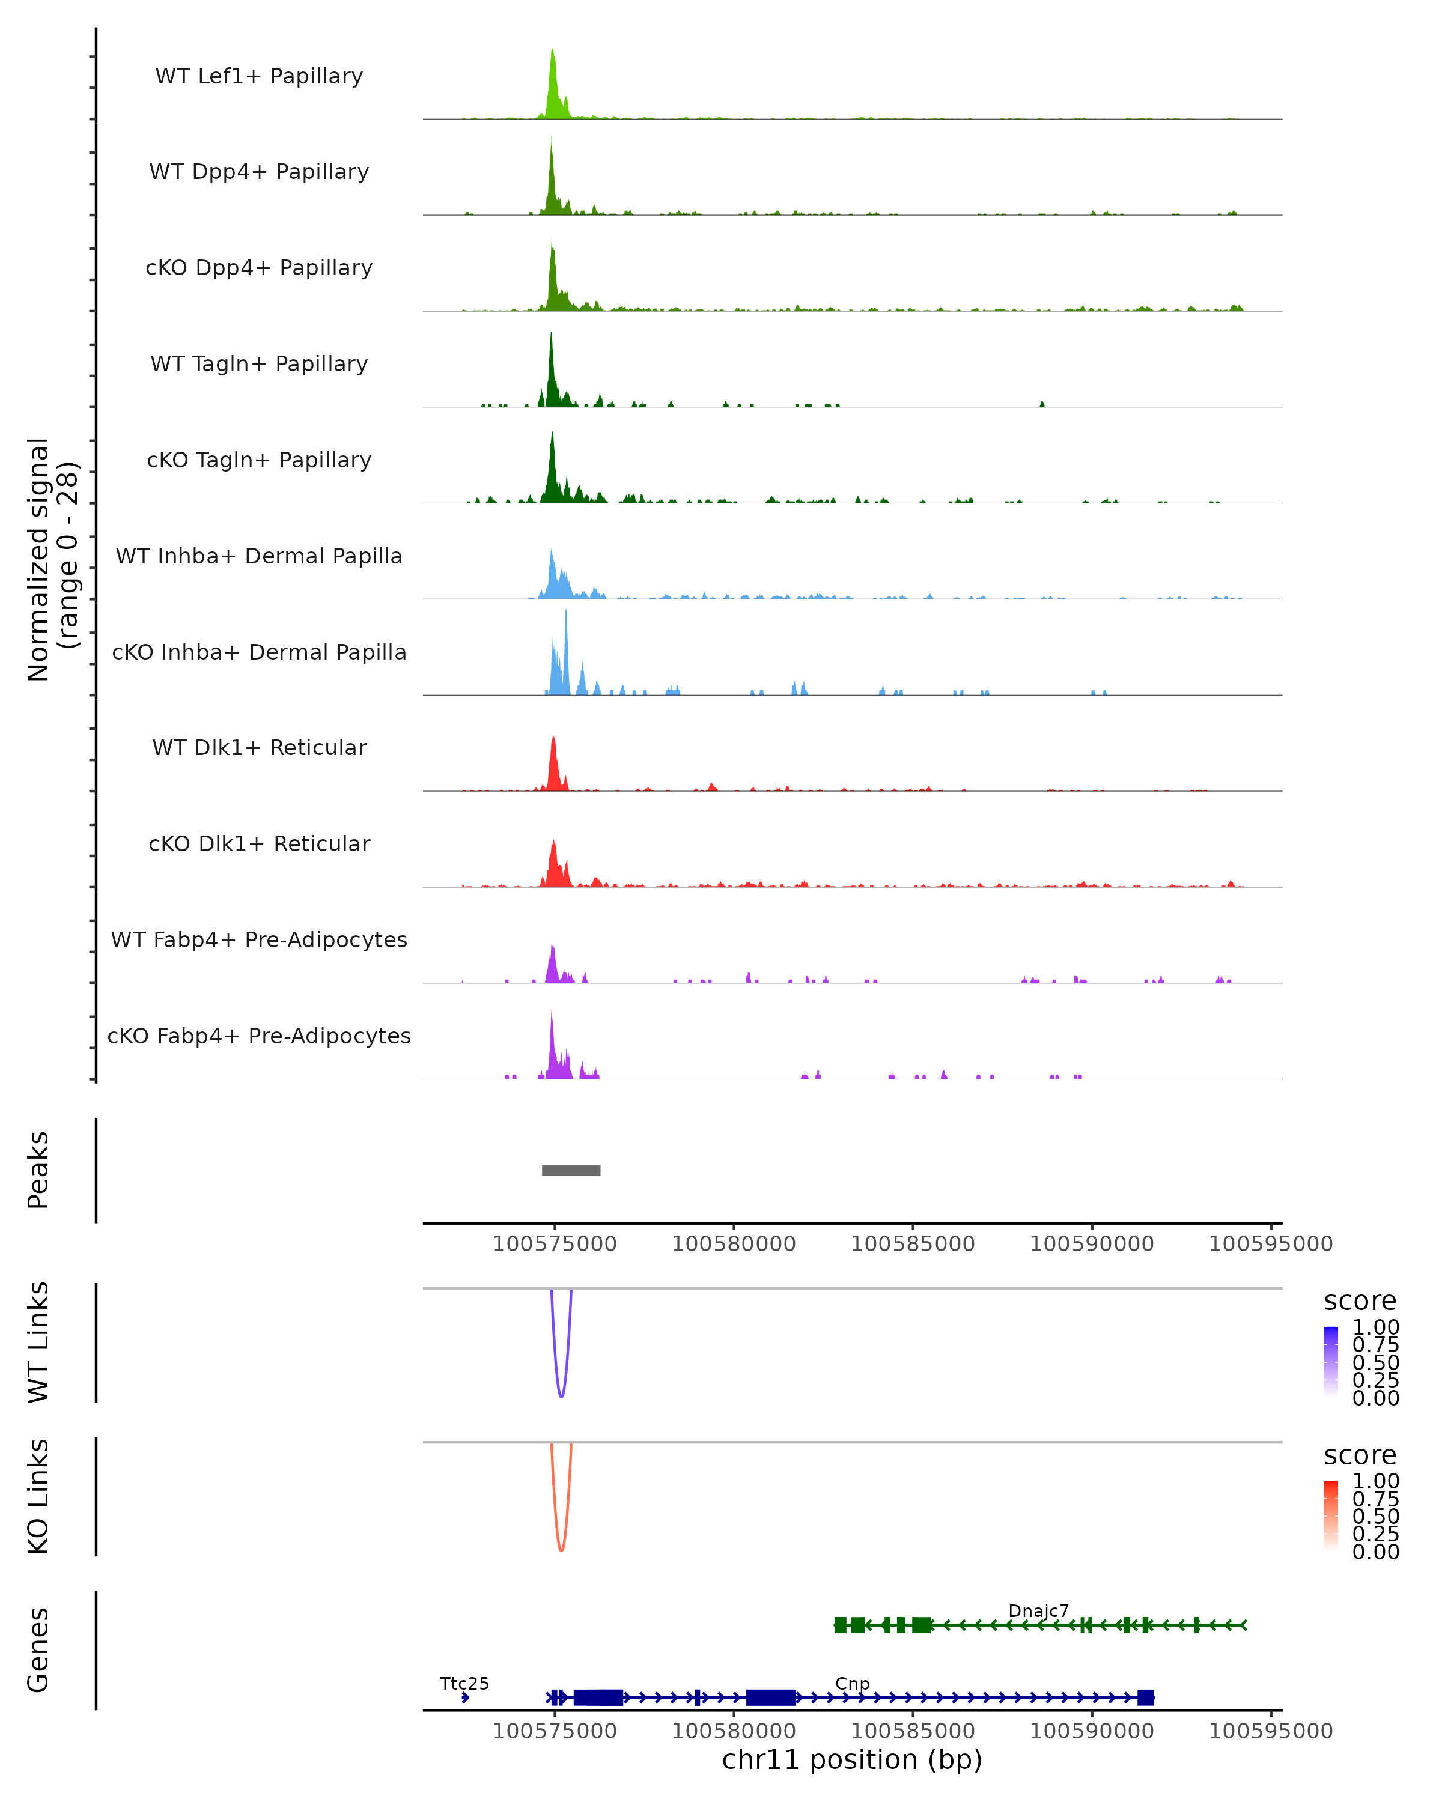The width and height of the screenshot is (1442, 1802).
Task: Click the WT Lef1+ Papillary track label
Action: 259,76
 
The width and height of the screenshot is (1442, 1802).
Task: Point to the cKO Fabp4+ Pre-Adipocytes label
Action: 259,1036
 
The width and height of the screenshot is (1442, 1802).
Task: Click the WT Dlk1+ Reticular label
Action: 259,747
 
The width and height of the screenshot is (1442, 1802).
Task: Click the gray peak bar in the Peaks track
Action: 571,1170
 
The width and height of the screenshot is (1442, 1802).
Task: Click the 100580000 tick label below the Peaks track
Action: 734,1244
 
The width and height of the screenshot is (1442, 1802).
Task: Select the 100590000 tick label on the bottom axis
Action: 1092,1731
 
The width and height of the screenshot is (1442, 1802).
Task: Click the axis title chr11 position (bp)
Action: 852,1759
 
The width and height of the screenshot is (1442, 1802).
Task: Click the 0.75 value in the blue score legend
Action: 1376,1345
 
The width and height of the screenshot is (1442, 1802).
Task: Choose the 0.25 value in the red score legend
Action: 1376,1533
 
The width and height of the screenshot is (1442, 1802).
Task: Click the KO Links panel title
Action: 38,1496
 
